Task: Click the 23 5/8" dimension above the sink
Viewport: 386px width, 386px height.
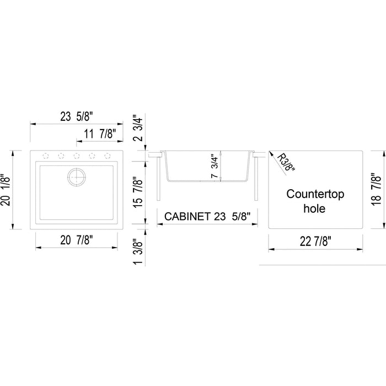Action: point(77,116)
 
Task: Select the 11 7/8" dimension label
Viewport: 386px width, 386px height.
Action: point(100,134)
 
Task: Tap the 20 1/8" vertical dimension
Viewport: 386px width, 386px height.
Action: point(6,190)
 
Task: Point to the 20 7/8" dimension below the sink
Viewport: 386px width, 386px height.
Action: point(77,240)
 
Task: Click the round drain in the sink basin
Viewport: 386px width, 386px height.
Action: point(77,177)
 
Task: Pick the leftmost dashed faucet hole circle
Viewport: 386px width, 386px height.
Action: point(46,156)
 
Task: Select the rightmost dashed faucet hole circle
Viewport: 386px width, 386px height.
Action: point(108,156)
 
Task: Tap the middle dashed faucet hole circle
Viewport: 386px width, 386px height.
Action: point(77,156)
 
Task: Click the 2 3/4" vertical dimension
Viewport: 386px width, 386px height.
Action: point(138,128)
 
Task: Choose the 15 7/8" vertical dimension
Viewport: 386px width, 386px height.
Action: point(138,192)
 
